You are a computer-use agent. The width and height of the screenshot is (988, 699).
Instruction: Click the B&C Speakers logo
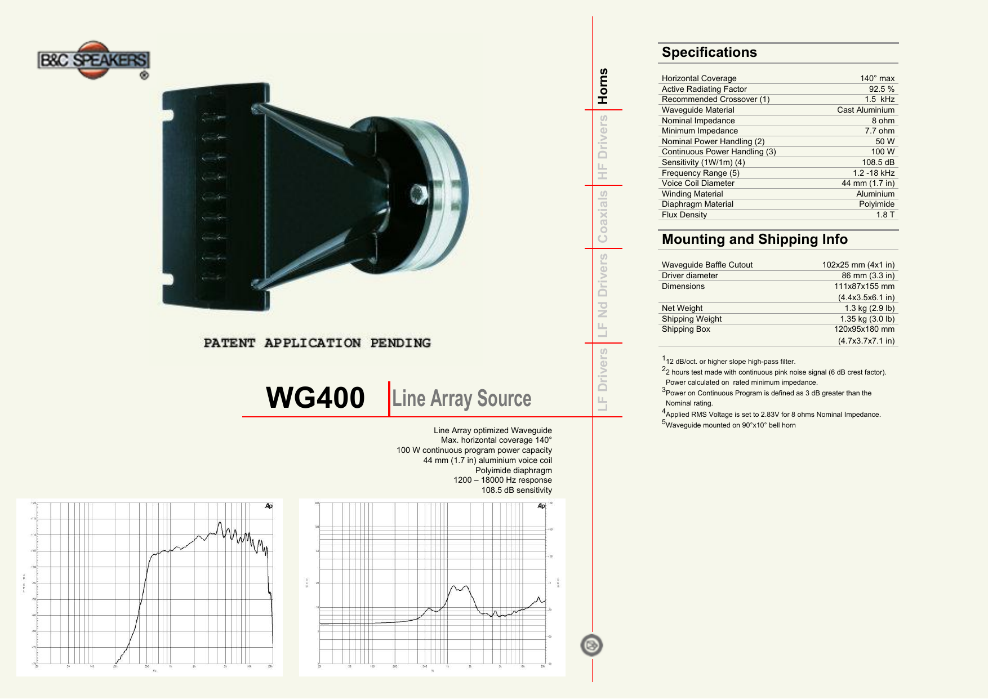pyautogui.click(x=94, y=60)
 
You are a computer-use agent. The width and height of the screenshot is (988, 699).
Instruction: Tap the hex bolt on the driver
pyautogui.click(x=418, y=194)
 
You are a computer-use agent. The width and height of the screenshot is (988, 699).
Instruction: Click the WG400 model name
pyautogui.click(x=315, y=398)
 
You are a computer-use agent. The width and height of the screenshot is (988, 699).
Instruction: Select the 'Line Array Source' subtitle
pyautogui.click(x=461, y=398)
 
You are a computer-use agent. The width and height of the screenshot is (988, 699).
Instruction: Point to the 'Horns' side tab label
pyautogui.click(x=603, y=86)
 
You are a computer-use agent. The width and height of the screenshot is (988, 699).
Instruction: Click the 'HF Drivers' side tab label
pyautogui.click(x=603, y=148)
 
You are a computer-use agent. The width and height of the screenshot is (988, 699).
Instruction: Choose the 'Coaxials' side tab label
pyautogui.click(x=603, y=216)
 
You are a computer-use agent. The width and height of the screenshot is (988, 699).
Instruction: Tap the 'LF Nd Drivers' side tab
pyautogui.click(x=603, y=295)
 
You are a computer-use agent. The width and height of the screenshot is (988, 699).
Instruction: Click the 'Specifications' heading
pyautogui.click(x=709, y=52)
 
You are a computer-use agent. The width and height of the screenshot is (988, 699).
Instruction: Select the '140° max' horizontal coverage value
pyautogui.click(x=877, y=78)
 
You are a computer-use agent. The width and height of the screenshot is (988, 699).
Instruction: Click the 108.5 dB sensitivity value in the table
pyautogui.click(x=878, y=162)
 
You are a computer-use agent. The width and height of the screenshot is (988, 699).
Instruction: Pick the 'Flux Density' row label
pyautogui.click(x=684, y=215)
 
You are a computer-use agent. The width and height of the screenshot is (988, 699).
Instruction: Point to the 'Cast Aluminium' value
pyautogui.click(x=865, y=110)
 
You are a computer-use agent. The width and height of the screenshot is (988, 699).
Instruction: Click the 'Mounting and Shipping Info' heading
pyautogui.click(x=754, y=239)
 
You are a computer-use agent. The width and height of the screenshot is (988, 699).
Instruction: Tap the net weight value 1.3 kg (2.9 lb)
pyautogui.click(x=869, y=308)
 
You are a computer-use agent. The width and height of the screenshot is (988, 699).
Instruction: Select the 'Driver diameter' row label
pyautogui.click(x=689, y=275)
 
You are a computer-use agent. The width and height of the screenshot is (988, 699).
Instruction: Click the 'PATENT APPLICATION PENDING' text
pyautogui.click(x=317, y=343)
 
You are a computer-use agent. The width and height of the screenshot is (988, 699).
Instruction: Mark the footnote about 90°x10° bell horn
pyautogui.click(x=730, y=425)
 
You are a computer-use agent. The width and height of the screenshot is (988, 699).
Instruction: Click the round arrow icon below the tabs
pyautogui.click(x=591, y=645)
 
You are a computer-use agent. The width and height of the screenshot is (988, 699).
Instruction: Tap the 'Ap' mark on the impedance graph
pyautogui.click(x=541, y=506)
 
